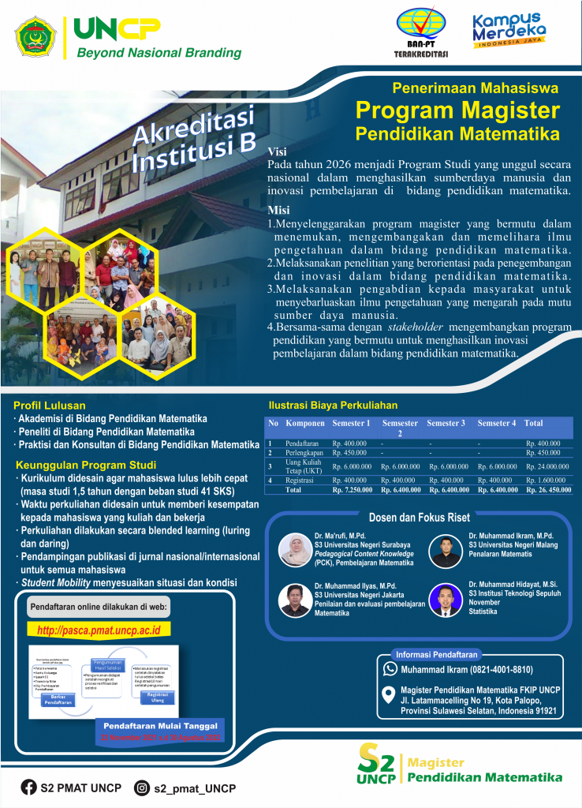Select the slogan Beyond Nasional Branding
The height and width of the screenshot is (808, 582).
[x=159, y=53]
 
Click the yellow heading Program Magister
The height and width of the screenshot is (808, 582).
[x=457, y=109]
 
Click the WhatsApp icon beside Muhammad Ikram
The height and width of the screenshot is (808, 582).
[x=390, y=669]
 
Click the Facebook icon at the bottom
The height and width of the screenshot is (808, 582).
[x=29, y=787]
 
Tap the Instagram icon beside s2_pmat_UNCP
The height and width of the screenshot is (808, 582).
[x=143, y=787]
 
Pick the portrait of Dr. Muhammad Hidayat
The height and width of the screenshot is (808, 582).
[x=446, y=600]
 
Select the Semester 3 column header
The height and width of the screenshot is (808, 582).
[x=446, y=424]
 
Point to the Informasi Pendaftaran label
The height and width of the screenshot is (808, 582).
[x=436, y=653]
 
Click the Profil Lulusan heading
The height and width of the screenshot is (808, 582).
[x=50, y=405]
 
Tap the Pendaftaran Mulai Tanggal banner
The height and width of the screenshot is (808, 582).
[x=161, y=725]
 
